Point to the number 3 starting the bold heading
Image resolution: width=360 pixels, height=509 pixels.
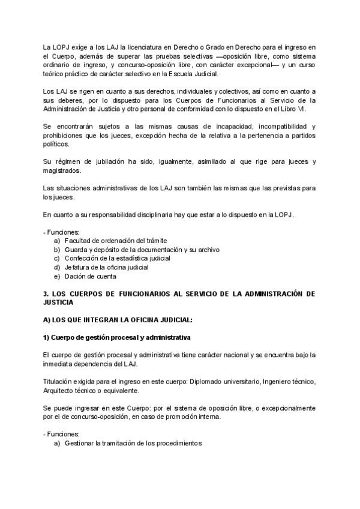pyautogui.click(x=45, y=294)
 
